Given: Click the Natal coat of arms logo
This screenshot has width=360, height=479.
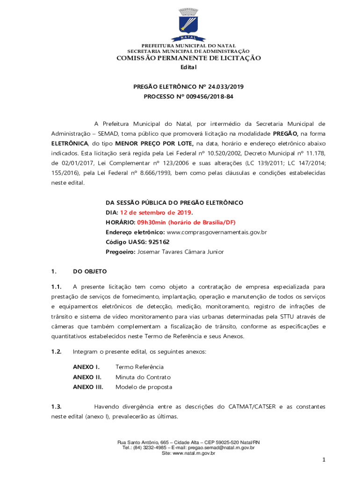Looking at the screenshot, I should tap(188, 24).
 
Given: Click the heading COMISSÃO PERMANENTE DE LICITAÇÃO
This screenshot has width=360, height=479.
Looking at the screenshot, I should tap(188, 58).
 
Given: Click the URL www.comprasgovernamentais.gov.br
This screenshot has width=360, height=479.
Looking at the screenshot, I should tap(216, 232).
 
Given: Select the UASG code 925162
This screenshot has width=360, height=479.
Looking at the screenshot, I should tap(158, 242).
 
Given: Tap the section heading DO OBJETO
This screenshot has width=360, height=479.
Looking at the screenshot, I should tap(90, 271).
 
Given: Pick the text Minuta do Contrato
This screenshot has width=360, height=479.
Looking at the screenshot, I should tap(143, 377).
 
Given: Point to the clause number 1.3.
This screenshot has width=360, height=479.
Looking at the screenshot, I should tap(57, 407).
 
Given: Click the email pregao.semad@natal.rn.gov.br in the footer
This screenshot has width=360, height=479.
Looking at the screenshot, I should tap(220, 448).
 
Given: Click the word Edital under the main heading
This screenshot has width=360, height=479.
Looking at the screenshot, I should tap(188, 67).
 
